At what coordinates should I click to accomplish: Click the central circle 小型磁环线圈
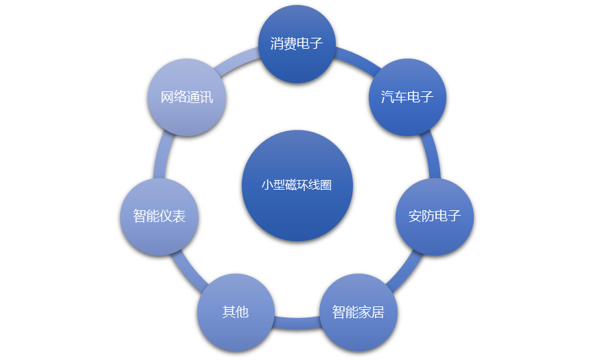[297, 185]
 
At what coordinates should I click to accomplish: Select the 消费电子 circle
[297, 45]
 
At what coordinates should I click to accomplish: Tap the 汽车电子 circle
[408, 97]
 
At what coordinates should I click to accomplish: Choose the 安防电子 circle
[435, 216]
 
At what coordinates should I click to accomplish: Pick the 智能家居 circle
[358, 313]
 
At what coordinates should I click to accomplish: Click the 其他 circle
[236, 313]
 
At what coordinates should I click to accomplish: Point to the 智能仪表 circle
[159, 216]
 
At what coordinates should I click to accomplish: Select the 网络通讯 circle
[187, 97]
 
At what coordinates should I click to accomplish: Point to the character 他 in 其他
[242, 313]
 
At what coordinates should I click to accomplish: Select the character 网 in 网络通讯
[167, 97]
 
